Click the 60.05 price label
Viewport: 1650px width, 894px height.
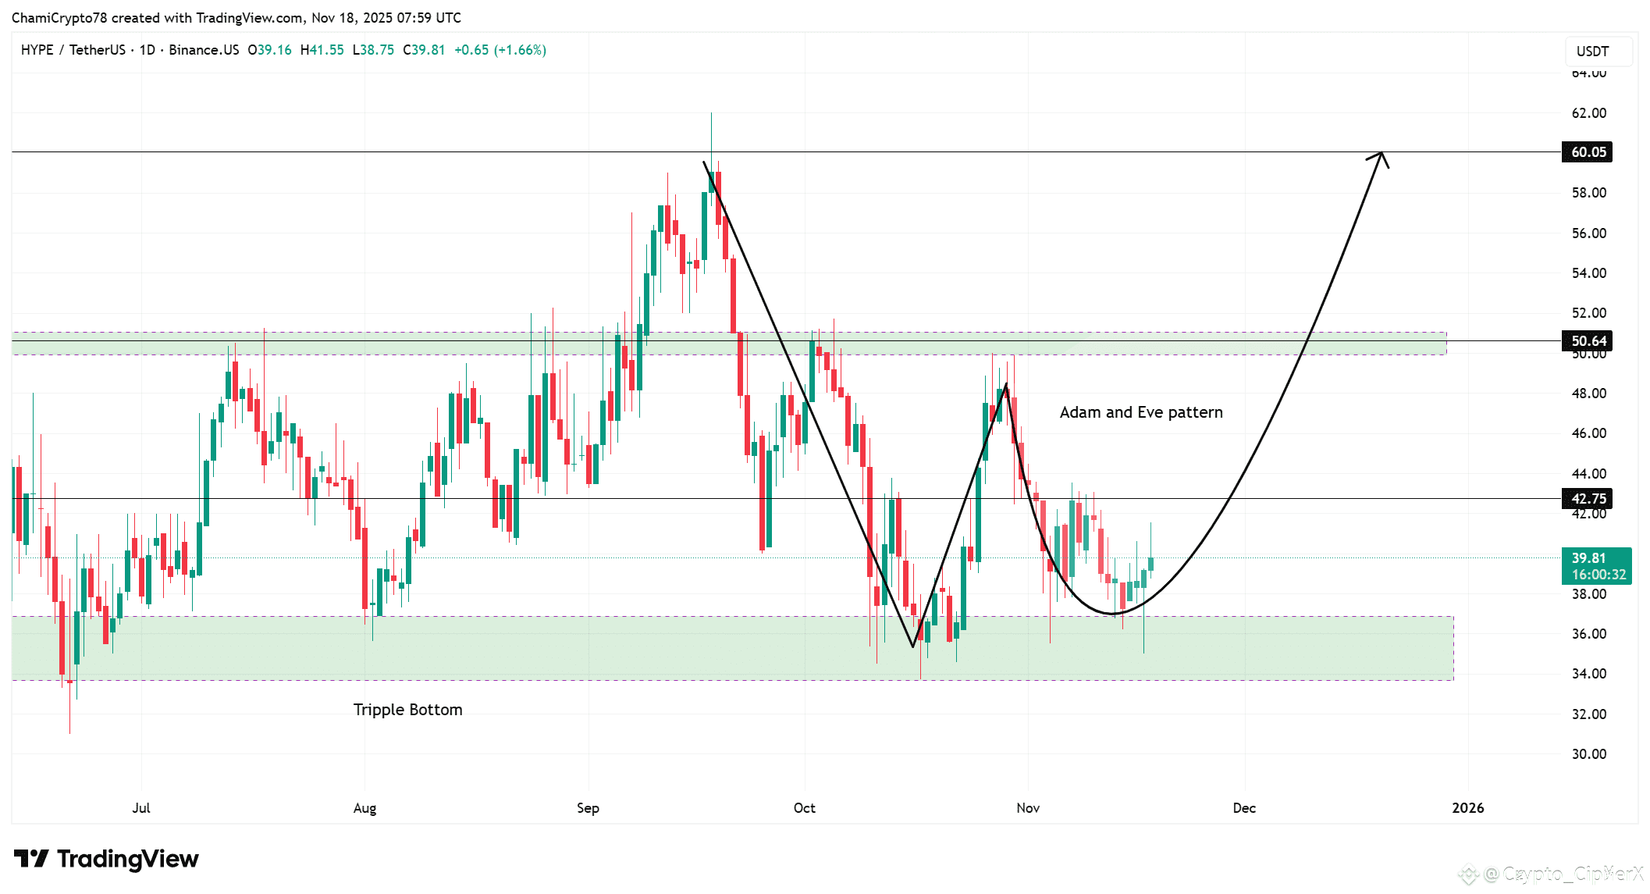(x=1588, y=152)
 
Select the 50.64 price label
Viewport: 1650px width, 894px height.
(x=1588, y=341)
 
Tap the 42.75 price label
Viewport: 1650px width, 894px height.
(x=1588, y=499)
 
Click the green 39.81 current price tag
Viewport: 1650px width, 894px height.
(x=1596, y=566)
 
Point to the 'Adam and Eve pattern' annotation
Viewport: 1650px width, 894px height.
(x=1140, y=412)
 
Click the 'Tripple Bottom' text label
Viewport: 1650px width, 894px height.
(x=407, y=710)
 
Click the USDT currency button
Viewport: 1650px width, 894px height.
(x=1592, y=52)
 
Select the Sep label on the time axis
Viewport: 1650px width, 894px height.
(x=588, y=808)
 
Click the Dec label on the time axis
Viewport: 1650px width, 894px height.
(x=1243, y=808)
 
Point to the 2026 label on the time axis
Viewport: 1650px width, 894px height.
(x=1467, y=808)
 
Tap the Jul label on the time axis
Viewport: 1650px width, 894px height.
(x=141, y=808)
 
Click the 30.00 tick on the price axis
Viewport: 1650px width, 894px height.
(x=1588, y=754)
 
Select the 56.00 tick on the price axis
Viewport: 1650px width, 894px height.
(x=1588, y=233)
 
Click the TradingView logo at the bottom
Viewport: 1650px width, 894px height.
(x=107, y=860)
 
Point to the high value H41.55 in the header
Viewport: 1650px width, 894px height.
(x=322, y=50)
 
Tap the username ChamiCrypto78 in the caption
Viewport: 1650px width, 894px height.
(x=59, y=18)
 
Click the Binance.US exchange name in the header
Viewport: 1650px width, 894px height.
(x=204, y=50)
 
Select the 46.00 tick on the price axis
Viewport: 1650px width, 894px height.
(x=1588, y=433)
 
